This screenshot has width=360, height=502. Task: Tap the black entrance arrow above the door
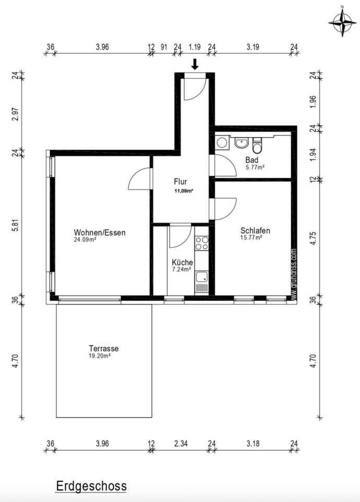195,64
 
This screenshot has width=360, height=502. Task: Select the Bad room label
252,160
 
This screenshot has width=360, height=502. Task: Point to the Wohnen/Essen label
99,232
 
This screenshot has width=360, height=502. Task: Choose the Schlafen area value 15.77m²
251,237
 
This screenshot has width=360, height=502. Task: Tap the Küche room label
182,262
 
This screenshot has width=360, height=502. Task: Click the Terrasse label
103,348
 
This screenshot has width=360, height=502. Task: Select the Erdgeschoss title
91,486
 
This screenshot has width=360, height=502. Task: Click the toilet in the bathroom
257,146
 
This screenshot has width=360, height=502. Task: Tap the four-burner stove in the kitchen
202,243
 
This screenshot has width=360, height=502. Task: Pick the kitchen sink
202,281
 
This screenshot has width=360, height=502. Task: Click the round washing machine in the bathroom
222,142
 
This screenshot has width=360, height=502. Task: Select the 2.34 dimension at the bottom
181,444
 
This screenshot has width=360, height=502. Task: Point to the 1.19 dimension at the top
194,47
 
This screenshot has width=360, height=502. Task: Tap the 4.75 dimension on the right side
313,238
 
